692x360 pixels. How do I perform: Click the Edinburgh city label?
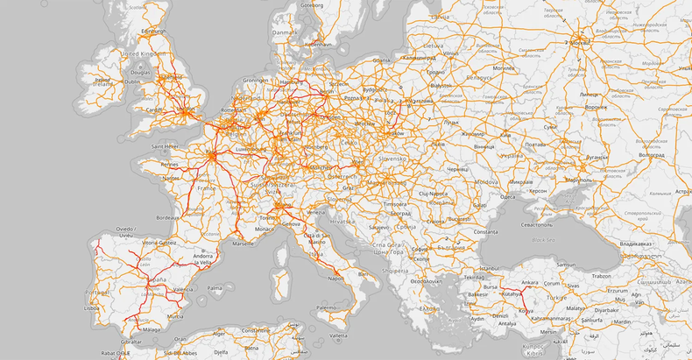(x=152, y=31)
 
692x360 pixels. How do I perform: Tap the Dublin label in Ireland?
(x=132, y=82)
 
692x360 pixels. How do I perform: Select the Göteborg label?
(x=312, y=4)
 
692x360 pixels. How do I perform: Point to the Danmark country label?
(x=285, y=32)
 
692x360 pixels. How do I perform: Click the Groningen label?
(x=256, y=80)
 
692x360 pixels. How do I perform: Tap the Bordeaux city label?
(x=168, y=216)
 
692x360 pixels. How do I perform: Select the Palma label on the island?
(x=215, y=286)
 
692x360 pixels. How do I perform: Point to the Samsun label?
(x=564, y=265)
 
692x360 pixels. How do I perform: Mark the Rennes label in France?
(x=169, y=164)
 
